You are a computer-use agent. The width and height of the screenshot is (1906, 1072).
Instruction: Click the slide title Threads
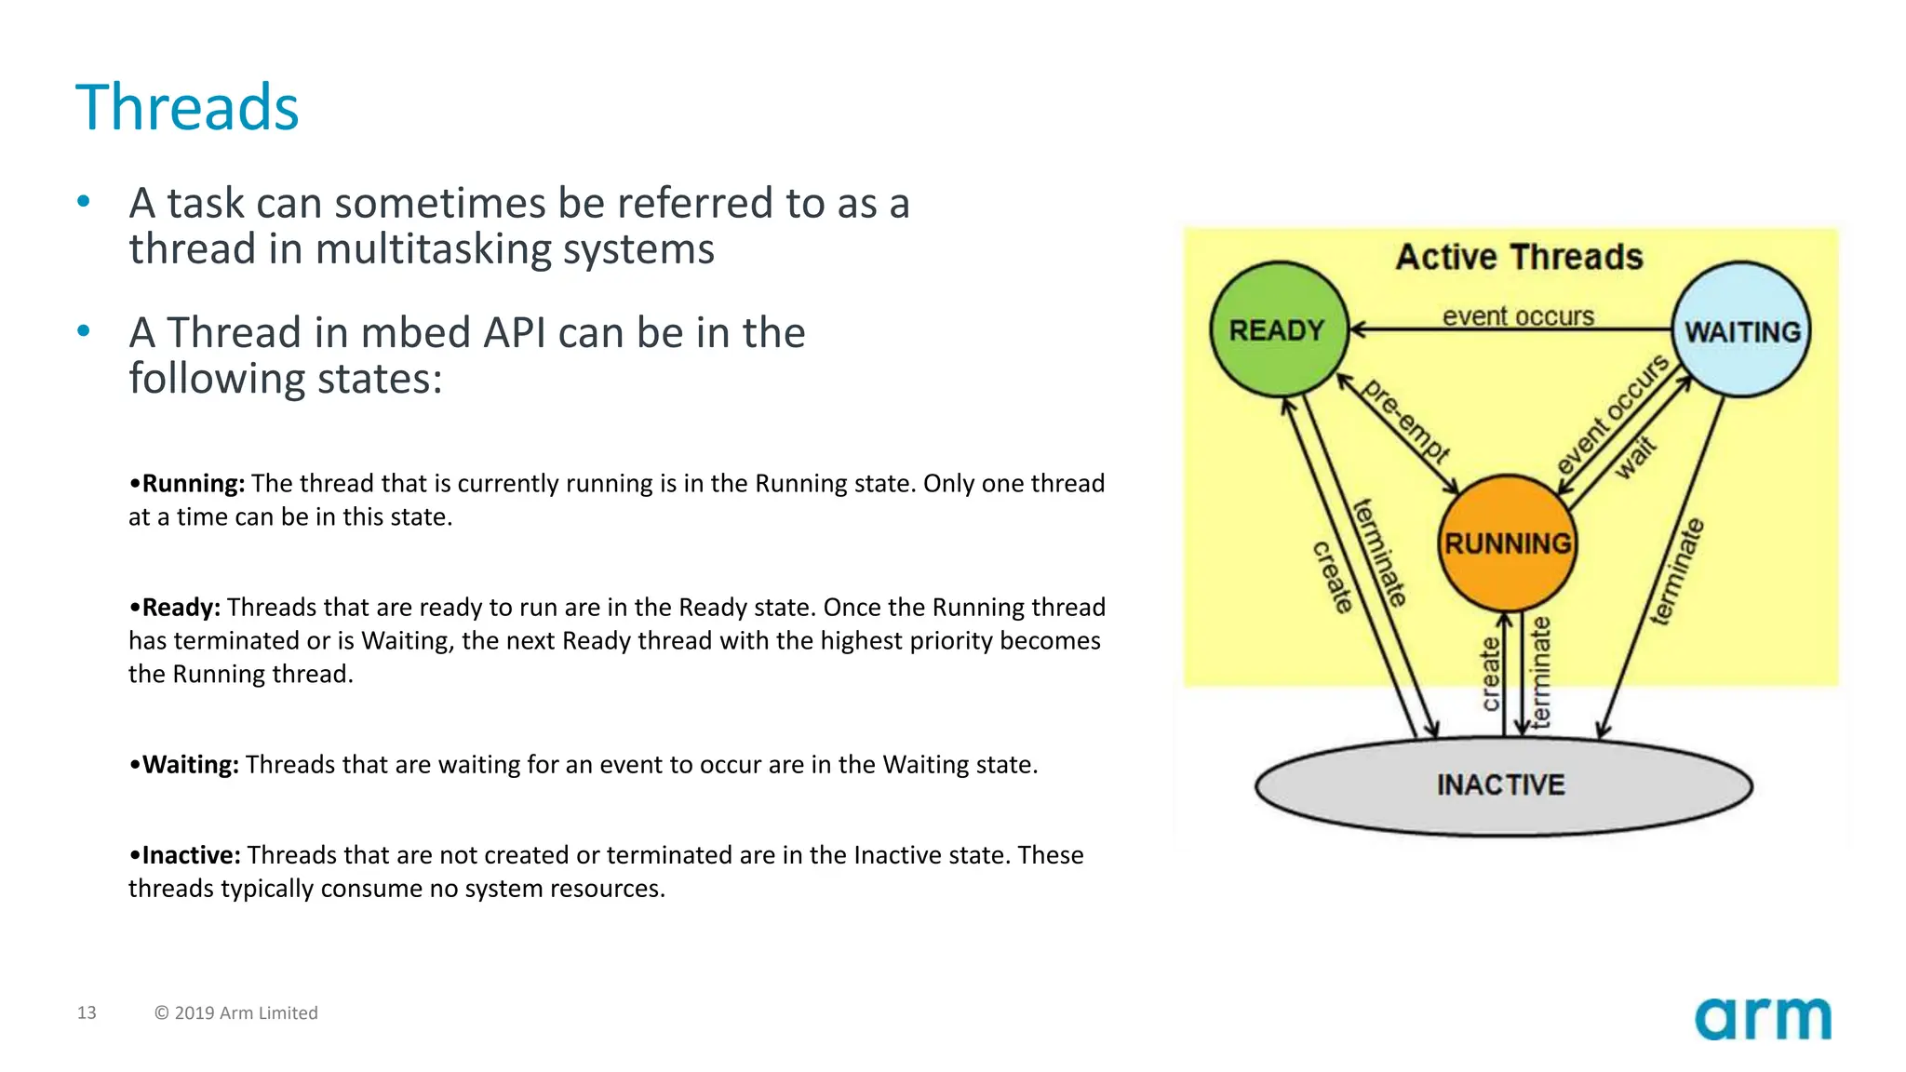click(x=187, y=108)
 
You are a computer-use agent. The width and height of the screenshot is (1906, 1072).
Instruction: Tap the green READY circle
click(x=1278, y=330)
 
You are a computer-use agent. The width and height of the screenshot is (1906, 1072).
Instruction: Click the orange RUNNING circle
click(x=1508, y=543)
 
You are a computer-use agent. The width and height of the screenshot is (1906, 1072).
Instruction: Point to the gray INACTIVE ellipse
click(x=1502, y=786)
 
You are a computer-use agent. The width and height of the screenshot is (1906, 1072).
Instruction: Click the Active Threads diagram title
click(x=1519, y=257)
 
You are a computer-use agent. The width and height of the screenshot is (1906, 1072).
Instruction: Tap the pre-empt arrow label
click(x=1405, y=422)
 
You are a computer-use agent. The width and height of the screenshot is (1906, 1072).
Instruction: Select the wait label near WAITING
click(x=1635, y=457)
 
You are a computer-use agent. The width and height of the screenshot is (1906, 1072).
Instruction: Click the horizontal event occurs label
click(x=1518, y=316)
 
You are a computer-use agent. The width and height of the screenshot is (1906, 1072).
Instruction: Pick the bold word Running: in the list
click(x=194, y=484)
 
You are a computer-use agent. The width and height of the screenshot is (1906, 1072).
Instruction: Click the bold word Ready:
click(x=181, y=608)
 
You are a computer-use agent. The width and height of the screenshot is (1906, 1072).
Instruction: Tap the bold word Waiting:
click(x=190, y=765)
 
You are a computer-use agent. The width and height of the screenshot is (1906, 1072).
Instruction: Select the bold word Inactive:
click(x=191, y=855)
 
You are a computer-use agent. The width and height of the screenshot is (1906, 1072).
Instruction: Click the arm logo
click(x=1763, y=1019)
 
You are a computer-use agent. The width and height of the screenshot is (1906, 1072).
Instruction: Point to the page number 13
click(x=87, y=1012)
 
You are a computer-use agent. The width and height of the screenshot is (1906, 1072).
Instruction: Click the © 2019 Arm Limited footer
click(x=236, y=1012)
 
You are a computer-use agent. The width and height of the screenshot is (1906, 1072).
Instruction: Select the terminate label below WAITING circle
click(x=1677, y=571)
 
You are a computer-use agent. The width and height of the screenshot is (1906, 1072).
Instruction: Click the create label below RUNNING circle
click(x=1491, y=674)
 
